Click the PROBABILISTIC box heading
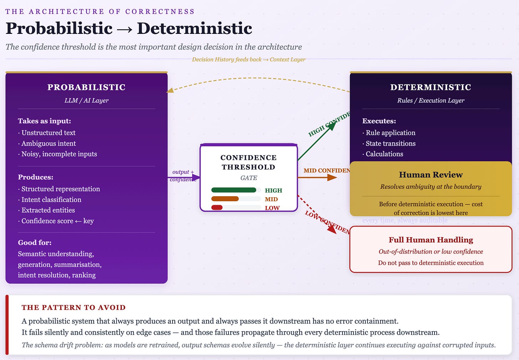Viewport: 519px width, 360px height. pos(86,87)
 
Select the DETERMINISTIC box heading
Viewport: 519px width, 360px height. pos(431,87)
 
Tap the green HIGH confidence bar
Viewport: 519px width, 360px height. pos(233,190)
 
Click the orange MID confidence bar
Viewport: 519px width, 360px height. pos(225,199)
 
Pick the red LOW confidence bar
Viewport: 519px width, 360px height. pos(217,208)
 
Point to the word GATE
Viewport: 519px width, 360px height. pos(248,178)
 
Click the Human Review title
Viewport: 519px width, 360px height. pos(431,175)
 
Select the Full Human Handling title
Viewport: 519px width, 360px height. pos(431,240)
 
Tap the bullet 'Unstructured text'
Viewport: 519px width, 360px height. pos(48,133)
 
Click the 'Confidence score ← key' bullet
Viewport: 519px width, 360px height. pos(57,221)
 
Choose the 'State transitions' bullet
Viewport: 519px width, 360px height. pos(390,143)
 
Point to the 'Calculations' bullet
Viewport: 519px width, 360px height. pos(384,154)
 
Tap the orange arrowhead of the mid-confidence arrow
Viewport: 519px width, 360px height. pos(332,177)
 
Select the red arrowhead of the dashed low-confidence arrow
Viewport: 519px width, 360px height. pos(332,230)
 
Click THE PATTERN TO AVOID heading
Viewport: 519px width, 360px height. pos(73,308)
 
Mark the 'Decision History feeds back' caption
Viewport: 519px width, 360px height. pos(248,60)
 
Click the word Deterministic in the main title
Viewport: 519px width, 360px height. pos(194,29)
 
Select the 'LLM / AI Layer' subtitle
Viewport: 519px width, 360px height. pos(86,101)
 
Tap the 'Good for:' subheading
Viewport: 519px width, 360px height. pos(35,243)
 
